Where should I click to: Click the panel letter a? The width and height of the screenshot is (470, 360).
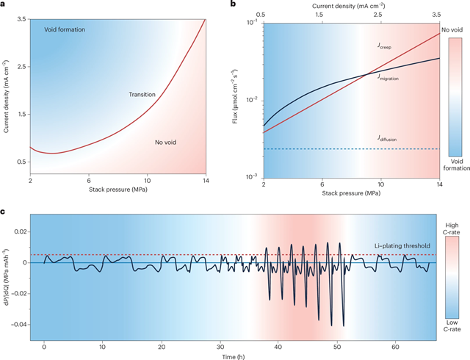pos(5,5)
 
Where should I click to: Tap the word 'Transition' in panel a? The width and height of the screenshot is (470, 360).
pos(143,95)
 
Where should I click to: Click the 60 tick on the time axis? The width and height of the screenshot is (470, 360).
pos(396,345)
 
